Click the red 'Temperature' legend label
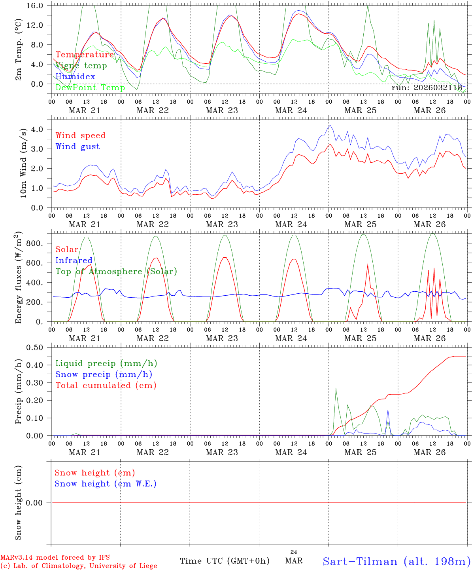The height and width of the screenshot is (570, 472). (85, 55)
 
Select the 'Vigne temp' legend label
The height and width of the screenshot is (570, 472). (81, 66)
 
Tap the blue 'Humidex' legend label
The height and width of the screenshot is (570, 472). (75, 76)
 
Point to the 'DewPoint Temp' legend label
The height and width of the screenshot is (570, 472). (90, 87)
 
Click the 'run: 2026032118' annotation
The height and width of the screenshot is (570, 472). (427, 87)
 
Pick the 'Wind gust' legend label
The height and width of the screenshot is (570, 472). (77, 146)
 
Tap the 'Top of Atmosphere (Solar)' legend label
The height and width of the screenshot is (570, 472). (116, 272)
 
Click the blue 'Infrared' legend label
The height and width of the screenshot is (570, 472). (74, 260)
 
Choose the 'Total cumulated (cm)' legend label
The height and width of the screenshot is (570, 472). (106, 385)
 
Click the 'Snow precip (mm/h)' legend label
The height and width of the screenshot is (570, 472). (104, 374)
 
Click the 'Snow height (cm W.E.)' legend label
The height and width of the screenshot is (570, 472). (105, 484)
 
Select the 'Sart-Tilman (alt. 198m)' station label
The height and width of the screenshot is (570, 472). (396, 561)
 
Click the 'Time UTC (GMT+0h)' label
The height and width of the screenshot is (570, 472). (225, 561)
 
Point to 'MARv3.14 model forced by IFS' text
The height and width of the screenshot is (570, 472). (55, 557)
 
